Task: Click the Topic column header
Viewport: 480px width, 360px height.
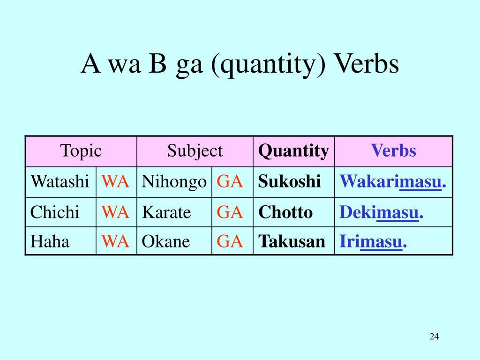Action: coord(81,151)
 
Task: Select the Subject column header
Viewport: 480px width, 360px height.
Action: coord(195,151)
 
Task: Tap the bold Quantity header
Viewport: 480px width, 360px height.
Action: coord(293,151)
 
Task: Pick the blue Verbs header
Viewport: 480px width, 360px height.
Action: coord(393,150)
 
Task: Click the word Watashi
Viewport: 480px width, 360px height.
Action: coord(60,181)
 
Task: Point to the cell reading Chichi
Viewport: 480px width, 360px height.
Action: coord(55,212)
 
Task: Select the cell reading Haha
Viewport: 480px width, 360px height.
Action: coord(50,241)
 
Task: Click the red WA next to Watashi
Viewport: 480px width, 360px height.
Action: coord(115,181)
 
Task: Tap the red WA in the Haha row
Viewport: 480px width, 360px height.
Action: coord(115,241)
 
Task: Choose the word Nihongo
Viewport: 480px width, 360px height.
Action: coord(174,182)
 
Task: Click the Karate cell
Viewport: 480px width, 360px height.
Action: coord(166,212)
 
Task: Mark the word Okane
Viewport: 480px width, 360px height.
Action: coord(165,241)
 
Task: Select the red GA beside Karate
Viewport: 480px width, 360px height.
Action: coord(230,212)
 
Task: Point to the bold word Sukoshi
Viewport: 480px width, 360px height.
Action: coord(289,181)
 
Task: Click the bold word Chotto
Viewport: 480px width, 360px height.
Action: coord(285,212)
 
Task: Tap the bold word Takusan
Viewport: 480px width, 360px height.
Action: coord(292,241)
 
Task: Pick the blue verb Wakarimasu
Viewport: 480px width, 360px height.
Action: coord(393,181)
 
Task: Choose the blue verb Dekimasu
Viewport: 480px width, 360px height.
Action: coord(381,212)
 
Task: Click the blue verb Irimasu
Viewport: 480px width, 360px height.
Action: coord(373,242)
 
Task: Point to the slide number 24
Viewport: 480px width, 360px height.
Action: coord(434,337)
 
